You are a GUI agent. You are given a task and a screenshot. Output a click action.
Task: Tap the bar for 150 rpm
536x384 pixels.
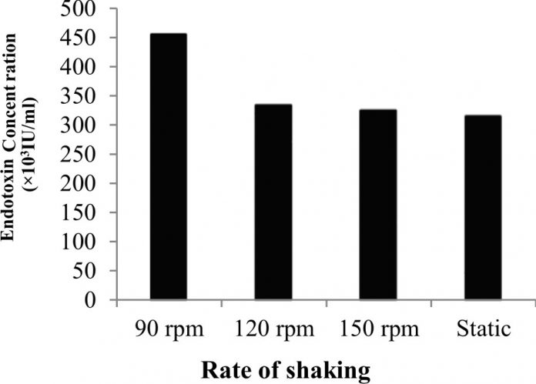377,204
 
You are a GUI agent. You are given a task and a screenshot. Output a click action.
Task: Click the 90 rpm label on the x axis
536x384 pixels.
168,329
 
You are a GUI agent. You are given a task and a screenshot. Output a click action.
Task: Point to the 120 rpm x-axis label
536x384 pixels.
273,329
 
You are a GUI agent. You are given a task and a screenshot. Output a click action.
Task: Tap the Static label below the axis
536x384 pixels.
482,329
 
